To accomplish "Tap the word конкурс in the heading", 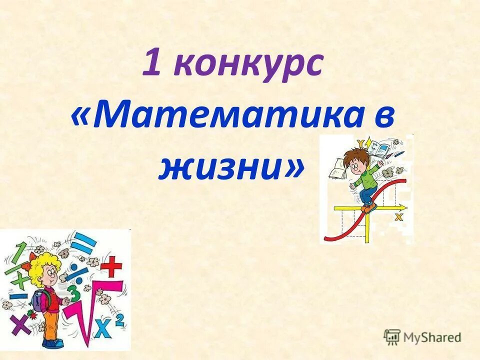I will coord(248,65).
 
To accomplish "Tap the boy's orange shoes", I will coord(369,206).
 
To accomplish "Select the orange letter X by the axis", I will coord(398,216).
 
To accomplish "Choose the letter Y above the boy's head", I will coord(371,143).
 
